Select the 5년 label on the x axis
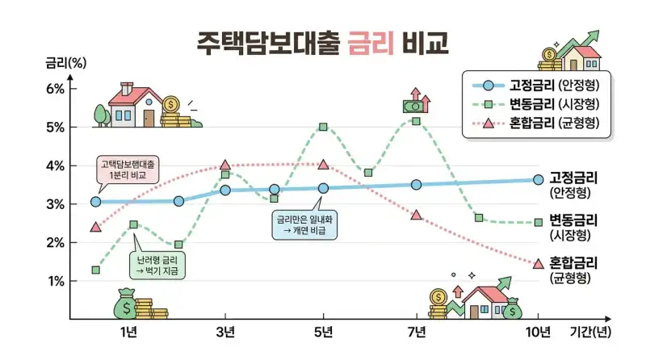tap(323, 333)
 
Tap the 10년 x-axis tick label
tap(538, 333)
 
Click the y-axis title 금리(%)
tap(65, 61)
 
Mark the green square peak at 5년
tap(323, 128)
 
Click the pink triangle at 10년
tap(539, 263)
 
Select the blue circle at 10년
tap(539, 179)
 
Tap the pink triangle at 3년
tap(225, 165)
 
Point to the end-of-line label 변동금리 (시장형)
tap(573, 227)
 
